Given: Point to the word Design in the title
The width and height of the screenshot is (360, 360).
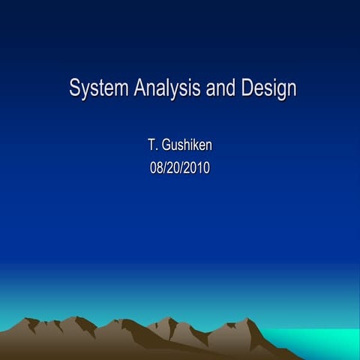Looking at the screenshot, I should [x=268, y=88].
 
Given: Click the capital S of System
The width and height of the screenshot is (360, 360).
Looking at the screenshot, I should [x=74, y=88].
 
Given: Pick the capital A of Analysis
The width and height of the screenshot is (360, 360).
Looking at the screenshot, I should [x=140, y=88].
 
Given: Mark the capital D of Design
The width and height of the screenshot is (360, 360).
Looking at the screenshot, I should [x=247, y=88].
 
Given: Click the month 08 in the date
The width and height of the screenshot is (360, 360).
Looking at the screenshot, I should [x=156, y=167].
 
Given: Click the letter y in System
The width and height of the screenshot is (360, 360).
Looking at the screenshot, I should [x=85, y=91].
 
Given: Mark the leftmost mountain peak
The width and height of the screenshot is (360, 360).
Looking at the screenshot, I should [x=31, y=320].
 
